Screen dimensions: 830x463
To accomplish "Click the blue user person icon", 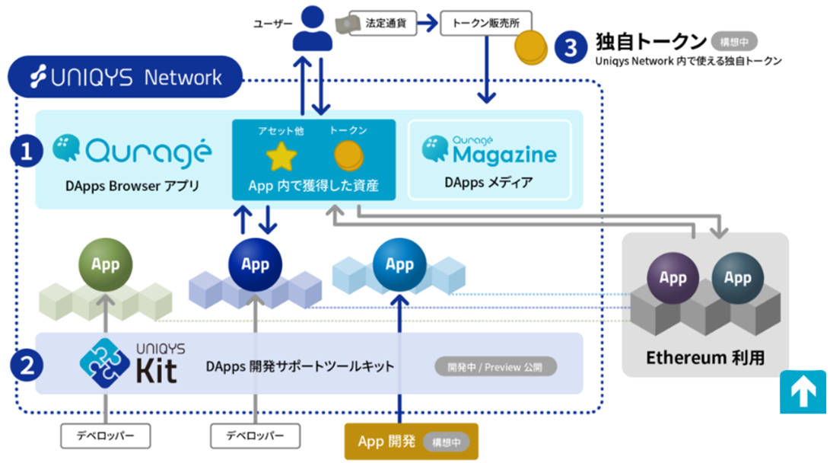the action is pyautogui.click(x=313, y=28).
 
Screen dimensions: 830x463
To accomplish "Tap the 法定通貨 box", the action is pyautogui.click(x=382, y=24).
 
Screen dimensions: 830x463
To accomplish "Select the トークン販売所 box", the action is pyautogui.click(x=485, y=24).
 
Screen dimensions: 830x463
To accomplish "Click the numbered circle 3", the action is pyautogui.click(x=571, y=47).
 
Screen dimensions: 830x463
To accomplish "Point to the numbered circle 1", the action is pyautogui.click(x=27, y=151).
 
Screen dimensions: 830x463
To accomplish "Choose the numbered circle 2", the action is pyautogui.click(x=27, y=365).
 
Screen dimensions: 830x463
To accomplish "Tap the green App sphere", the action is pyautogui.click(x=105, y=264).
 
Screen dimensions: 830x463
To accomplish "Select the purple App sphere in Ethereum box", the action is pyautogui.click(x=673, y=278).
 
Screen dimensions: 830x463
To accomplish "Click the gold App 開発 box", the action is pyautogui.click(x=412, y=441).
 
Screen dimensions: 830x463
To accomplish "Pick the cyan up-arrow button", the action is pyautogui.click(x=803, y=391).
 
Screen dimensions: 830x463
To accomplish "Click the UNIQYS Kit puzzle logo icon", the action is pyautogui.click(x=105, y=363).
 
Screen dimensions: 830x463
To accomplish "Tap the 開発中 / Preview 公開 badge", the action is pyautogui.click(x=495, y=366).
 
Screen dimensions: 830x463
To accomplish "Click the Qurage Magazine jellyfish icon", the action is pyautogui.click(x=435, y=148).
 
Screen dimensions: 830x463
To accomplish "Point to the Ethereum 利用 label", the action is pyautogui.click(x=705, y=358).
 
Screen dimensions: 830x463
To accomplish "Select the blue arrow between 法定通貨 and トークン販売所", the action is pyautogui.click(x=428, y=23).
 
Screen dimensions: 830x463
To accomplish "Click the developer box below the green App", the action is pyautogui.click(x=105, y=436).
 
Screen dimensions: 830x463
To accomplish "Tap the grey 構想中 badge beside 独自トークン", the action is pyautogui.click(x=733, y=41).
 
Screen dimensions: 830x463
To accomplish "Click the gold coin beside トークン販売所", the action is pyautogui.click(x=531, y=47).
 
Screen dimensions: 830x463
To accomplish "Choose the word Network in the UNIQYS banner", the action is pyautogui.click(x=183, y=78).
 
